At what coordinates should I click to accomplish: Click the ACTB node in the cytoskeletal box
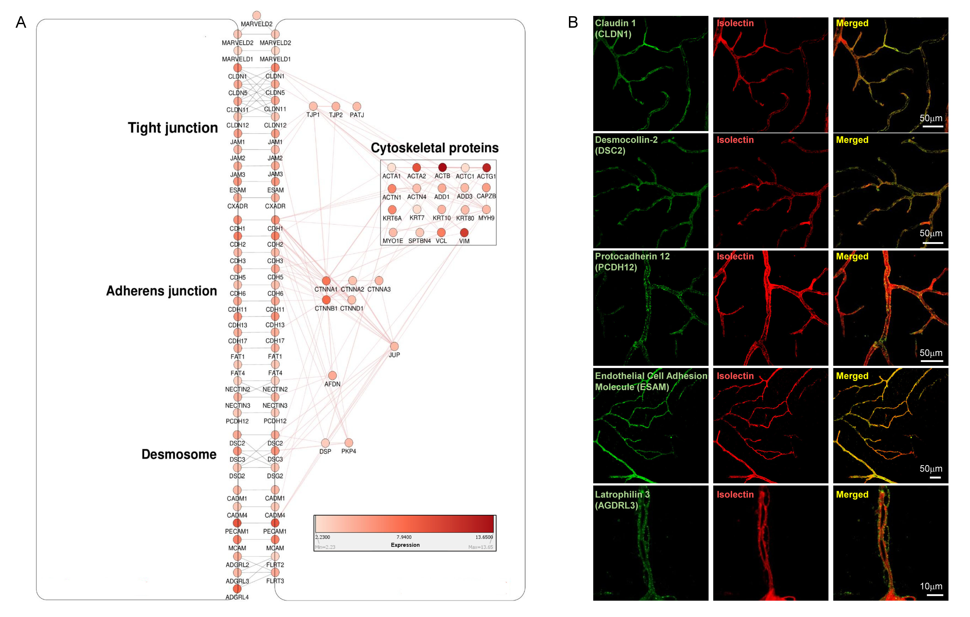[x=442, y=167]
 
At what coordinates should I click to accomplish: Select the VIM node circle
[x=464, y=232]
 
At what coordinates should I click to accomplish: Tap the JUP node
[x=394, y=346]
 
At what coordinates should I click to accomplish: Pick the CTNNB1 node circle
[x=326, y=300]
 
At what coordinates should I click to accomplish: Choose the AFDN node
[x=332, y=376]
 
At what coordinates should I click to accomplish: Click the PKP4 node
[x=349, y=443]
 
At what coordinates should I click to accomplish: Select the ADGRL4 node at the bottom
[x=237, y=589]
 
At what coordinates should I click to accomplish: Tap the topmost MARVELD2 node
[x=256, y=15]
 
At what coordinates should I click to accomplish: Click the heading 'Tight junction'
[x=173, y=128]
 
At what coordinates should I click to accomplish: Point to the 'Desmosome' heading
[x=179, y=454]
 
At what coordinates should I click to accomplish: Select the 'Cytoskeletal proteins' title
[x=434, y=148]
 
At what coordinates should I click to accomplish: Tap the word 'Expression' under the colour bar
[x=405, y=545]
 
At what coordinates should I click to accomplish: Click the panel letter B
[x=573, y=22]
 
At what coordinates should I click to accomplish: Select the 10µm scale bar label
[x=931, y=586]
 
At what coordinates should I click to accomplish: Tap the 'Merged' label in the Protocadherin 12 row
[x=852, y=257]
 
